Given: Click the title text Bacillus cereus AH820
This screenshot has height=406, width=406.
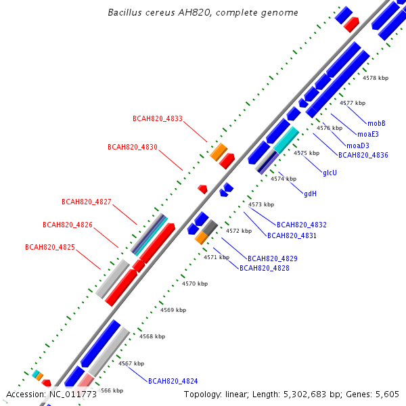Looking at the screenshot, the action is coord(159,12).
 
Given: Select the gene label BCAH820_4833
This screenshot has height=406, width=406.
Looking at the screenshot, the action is coord(158,118).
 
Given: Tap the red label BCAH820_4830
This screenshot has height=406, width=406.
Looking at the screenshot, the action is coord(133,147).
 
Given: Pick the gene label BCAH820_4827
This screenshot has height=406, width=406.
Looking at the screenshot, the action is coord(87,202).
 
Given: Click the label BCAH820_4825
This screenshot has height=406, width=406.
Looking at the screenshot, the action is coord(50,247).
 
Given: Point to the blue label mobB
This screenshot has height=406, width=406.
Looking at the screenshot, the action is coord(376,123).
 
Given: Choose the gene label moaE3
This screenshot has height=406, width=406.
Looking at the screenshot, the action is coord(368,134).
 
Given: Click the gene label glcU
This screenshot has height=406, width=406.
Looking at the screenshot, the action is coord(330,173).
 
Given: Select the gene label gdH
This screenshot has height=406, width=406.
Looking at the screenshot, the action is coord(310,194).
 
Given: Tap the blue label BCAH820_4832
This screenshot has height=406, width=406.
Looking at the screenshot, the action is coord(302,225).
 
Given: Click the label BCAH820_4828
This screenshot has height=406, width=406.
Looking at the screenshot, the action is coord(265,268).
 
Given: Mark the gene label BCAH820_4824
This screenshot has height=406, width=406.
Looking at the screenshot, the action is coord(173,381).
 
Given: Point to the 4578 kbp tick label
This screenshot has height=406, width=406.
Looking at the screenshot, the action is coord(376,78).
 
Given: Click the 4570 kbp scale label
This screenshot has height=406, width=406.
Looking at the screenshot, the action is coord(195,284).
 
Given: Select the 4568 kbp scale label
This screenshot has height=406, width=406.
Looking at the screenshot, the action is coord(152,336).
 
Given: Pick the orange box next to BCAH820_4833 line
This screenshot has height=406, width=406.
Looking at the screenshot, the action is coord(219,152).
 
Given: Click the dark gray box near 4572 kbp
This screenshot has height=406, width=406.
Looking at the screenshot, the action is coord(210,227).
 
